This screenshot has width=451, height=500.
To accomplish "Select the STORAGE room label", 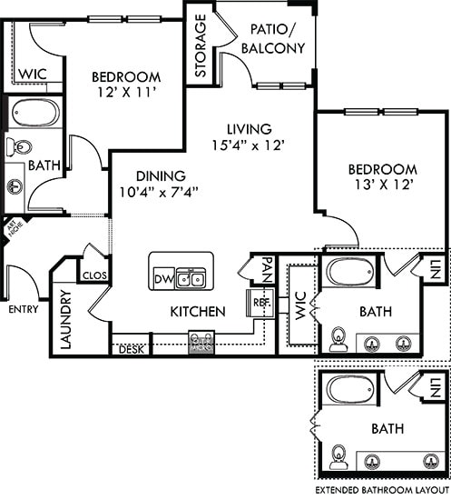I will pos(201,45).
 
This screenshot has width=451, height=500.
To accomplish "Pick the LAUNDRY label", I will pos(66,318).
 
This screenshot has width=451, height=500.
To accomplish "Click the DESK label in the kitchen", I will pos(130,347).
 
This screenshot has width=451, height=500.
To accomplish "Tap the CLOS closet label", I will pos(94,274).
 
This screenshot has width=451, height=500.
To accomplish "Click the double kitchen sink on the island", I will pos(190,278).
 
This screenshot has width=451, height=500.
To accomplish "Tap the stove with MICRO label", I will pos(201,342).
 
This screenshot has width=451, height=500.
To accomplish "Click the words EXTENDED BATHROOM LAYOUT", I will pos(380,490).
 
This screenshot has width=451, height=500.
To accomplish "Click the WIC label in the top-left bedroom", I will pos(34,74).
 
